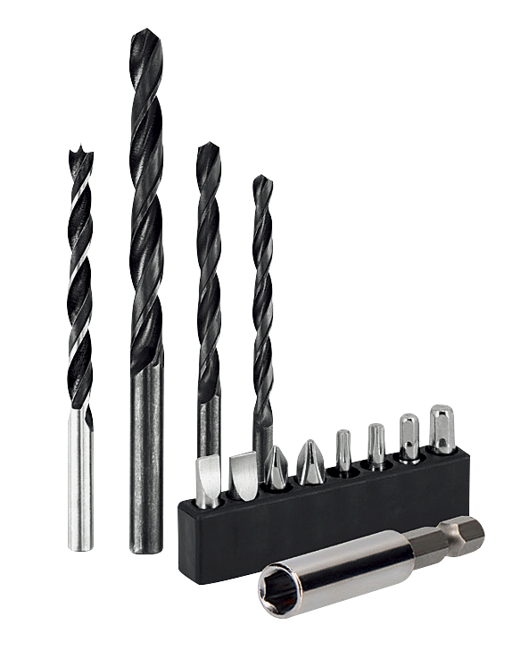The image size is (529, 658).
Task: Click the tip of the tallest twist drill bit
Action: click(141, 33)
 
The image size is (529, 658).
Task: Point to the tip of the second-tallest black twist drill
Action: click(207, 146)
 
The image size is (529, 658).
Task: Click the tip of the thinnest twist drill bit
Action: click(260, 179)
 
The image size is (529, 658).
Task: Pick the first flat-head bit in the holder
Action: click(207, 480)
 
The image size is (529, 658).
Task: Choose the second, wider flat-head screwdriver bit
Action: click(243, 475)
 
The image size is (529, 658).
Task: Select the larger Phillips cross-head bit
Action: click(310, 462)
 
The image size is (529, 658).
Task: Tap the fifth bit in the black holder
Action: click(343, 450)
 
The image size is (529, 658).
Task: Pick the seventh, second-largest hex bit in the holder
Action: click(409, 437)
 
